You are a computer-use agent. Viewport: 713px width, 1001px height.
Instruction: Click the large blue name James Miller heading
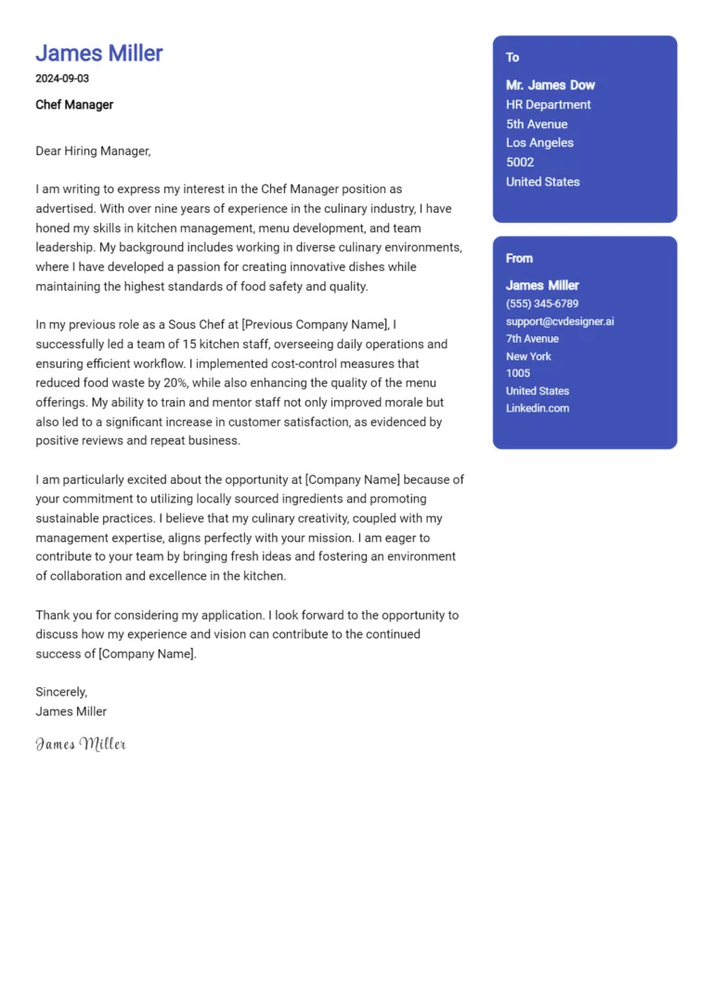[99, 53]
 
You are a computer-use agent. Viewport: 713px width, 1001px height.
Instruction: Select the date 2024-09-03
[62, 79]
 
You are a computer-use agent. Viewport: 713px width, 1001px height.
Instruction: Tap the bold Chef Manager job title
[74, 105]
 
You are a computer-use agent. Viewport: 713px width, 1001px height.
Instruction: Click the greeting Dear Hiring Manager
[93, 150]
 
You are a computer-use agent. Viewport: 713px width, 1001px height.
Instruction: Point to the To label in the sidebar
[512, 58]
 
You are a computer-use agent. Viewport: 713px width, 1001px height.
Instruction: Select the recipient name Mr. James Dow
[551, 85]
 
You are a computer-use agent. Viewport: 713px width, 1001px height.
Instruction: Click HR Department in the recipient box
[548, 105]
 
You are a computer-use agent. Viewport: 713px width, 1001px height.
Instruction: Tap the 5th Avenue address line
[537, 124]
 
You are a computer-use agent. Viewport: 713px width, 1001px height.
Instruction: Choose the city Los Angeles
[539, 143]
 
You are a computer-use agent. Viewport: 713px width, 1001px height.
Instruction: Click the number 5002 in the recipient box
[520, 162]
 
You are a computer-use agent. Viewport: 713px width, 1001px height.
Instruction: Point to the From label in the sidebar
[519, 258]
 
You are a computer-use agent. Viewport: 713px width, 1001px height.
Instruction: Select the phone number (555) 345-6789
[542, 304]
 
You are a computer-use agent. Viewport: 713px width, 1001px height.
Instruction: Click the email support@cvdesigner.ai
[560, 321]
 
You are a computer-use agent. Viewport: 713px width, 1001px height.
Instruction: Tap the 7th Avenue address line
[532, 339]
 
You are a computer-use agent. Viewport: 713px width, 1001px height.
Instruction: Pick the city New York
[528, 357]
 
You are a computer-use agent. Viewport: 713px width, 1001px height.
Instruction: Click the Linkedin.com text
[538, 409]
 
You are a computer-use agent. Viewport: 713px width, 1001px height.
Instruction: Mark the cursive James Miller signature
[81, 744]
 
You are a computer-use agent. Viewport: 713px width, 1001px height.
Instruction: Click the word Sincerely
[61, 692]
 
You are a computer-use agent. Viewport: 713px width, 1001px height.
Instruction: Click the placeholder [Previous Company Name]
[314, 324]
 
